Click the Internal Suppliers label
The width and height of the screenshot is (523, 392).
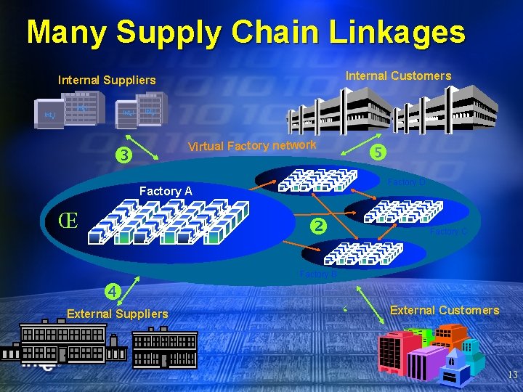[107, 80]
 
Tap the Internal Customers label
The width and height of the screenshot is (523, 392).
[398, 75]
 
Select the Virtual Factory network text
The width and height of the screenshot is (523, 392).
[252, 146]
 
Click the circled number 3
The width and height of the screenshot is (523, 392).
[125, 155]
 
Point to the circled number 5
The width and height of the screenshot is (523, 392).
[377, 152]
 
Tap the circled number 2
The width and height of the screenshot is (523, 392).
[317, 226]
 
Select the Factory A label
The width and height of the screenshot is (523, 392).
[166, 191]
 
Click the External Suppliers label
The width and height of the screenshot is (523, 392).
[117, 314]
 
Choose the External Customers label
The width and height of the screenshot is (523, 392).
[445, 310]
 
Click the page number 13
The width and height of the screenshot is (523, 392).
[512, 375]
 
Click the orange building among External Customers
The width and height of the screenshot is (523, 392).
[450, 336]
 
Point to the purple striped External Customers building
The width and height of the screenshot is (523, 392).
[426, 363]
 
